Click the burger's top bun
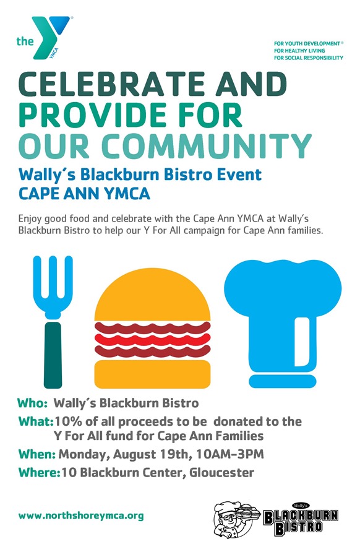pos(153,297)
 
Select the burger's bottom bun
pos(153,373)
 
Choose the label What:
pos(35,421)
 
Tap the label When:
pos(36,454)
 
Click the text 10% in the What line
pos(67,421)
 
